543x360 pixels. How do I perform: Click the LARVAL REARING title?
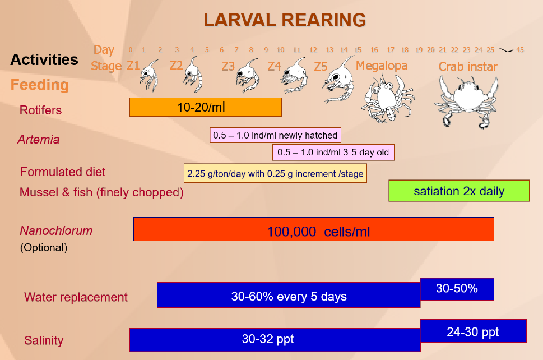(285, 20)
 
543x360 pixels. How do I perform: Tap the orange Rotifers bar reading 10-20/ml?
(205, 107)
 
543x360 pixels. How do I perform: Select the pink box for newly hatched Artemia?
(275, 135)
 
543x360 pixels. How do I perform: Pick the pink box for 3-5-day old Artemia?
(333, 152)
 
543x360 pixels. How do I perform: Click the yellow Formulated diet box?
(275, 173)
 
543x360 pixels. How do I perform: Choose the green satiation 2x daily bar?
(459, 191)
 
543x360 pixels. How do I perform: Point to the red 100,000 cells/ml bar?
(314, 229)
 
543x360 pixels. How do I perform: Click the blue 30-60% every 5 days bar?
(289, 295)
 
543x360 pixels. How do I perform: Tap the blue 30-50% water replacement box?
(457, 289)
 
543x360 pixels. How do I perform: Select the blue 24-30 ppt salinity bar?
(473, 331)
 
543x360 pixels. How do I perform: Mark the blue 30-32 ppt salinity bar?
(275, 340)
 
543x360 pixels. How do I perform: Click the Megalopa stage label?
(382, 65)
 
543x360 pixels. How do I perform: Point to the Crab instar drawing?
(466, 101)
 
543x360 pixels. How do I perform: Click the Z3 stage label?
(228, 66)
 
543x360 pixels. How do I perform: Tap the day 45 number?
(520, 49)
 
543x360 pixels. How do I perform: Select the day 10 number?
(281, 49)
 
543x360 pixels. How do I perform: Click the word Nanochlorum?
(56, 231)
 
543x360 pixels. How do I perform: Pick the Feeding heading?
(40, 85)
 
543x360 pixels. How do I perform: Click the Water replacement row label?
(76, 297)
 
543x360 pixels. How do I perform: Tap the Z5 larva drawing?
(339, 80)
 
